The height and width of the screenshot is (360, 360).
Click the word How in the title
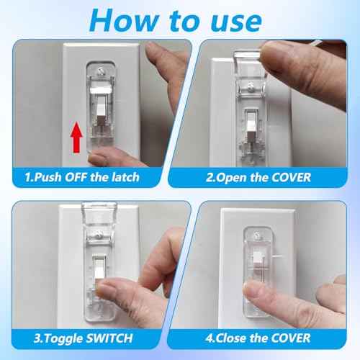pos(118,20)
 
